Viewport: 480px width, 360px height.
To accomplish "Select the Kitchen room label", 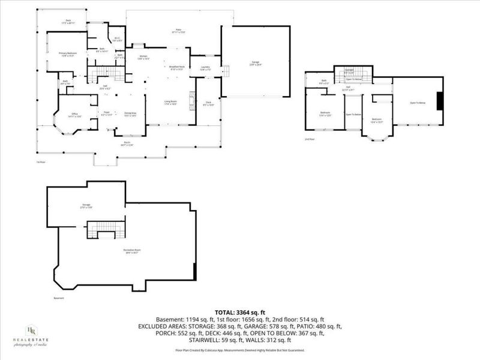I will pos(143,57).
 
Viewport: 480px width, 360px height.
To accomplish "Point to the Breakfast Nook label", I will pos(176,67).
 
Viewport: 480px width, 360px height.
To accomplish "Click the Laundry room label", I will pos(205,68).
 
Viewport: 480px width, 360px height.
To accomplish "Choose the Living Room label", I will pos(171,102).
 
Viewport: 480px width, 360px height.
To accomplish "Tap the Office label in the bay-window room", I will pos(75,115).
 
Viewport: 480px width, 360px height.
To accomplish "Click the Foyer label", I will pos(106,113).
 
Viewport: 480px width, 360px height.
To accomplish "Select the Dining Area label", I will pos(130,113).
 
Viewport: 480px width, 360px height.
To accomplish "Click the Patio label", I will pos(178,30).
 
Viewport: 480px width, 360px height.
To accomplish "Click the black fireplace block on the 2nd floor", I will pos(440,101).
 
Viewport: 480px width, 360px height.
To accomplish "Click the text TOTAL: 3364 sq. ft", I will pos(239,312).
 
